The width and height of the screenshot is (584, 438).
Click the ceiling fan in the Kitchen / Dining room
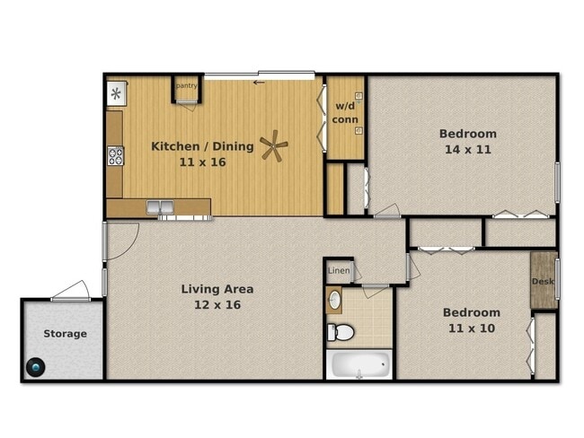pos(274,145)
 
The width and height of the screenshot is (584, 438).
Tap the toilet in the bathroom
pos(341,332)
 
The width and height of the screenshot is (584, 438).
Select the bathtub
pos(359,364)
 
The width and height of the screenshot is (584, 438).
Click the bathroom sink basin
pos(334,299)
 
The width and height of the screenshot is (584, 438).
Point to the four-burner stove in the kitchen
pos(116,156)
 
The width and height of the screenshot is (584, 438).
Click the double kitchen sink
pos(160,207)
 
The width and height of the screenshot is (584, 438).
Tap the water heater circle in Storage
pos(36,367)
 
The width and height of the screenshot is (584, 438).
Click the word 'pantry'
pos(186,85)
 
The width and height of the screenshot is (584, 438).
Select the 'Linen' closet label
pos(339,270)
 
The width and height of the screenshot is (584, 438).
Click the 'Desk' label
pos(543,281)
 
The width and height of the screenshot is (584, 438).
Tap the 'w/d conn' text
pos(345,113)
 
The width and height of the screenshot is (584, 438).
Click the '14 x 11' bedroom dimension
pos(468,150)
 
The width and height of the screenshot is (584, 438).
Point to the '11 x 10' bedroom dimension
pos(472,328)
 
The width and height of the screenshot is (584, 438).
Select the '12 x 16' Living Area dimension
pos(217,305)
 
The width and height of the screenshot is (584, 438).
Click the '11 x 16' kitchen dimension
pos(203,162)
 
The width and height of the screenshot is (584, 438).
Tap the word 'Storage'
pos(66,334)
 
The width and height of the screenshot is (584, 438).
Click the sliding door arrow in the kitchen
pos(259,83)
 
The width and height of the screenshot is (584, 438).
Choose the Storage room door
pos(71,292)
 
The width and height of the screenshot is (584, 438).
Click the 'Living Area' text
pos(217,289)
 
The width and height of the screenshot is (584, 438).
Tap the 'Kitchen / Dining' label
pos(203,146)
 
